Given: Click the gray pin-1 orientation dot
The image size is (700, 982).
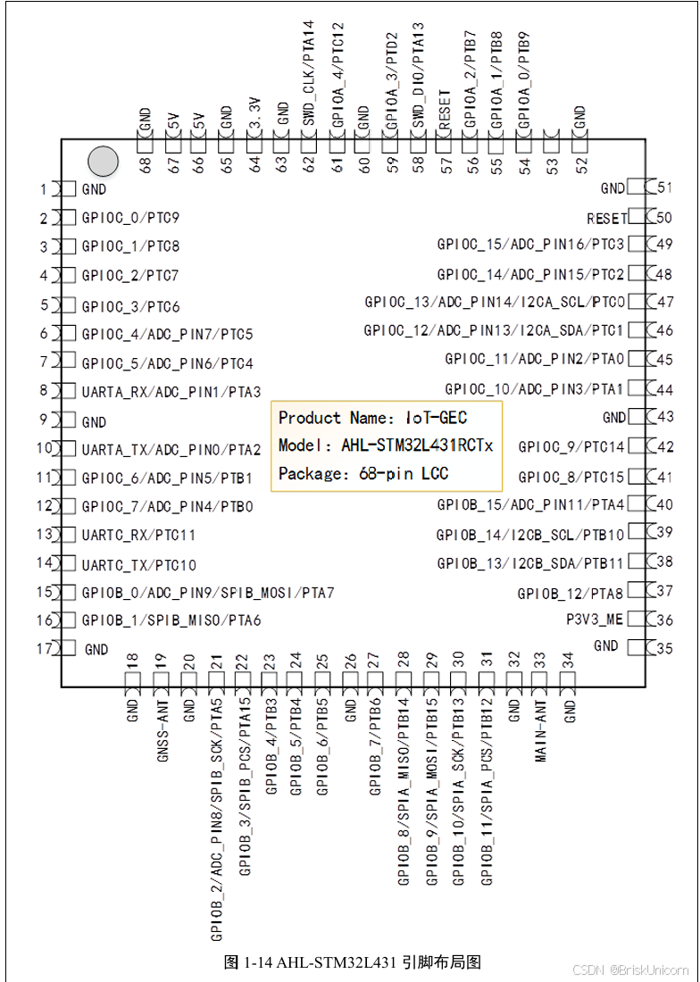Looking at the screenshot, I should (x=103, y=161).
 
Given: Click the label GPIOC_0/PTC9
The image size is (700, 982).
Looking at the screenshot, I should (x=130, y=218).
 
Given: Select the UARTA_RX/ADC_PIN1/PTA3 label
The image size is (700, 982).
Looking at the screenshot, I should (x=171, y=392).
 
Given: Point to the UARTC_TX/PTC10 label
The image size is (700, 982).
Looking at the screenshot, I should (x=138, y=565).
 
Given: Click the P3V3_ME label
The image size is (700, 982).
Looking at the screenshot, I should (x=595, y=619).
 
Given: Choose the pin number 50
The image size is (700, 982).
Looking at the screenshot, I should (x=664, y=217).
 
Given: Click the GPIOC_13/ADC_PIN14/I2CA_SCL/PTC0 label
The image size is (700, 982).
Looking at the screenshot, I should (x=494, y=302).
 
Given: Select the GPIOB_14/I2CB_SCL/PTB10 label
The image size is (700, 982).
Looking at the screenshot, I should (x=530, y=535).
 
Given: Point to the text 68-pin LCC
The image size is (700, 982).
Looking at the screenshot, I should (x=407, y=473).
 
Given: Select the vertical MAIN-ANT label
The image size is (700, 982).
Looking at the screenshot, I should (x=541, y=731).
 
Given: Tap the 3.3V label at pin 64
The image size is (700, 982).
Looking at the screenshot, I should (x=254, y=115).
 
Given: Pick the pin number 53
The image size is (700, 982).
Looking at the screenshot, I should (x=552, y=165).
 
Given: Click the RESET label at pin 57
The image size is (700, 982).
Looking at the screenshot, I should (x=444, y=110).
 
